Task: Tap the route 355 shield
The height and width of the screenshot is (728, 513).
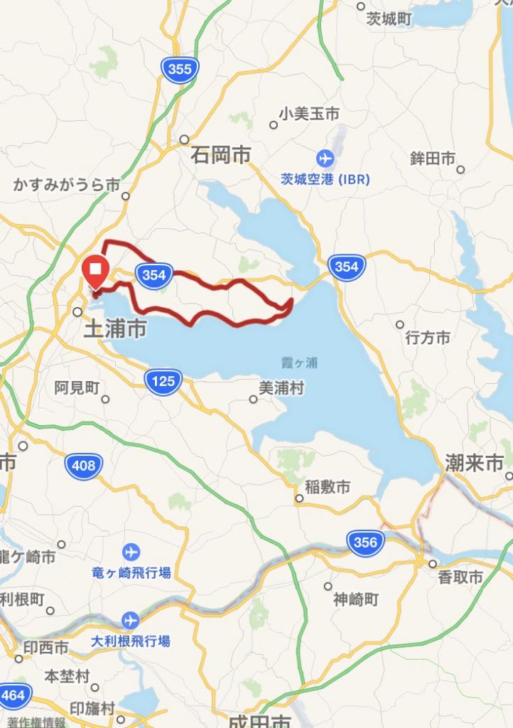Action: coord(180,69)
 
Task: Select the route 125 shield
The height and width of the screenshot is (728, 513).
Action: coord(163,382)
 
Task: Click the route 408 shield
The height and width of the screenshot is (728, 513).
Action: coord(84,466)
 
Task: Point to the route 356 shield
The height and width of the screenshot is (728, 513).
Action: coord(365,542)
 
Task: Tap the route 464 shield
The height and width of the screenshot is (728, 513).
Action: coord(13,694)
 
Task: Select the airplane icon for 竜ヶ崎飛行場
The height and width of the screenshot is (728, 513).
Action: coord(131,551)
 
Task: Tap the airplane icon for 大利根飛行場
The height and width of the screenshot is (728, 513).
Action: coord(129,620)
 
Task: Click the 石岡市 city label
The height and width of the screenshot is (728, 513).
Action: coord(221,154)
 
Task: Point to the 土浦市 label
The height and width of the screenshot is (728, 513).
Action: coord(115,328)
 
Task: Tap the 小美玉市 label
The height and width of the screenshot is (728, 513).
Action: coord(309,113)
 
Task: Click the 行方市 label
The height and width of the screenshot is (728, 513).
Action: coord(427,338)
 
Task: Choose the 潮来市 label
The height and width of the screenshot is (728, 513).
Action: coord(474,464)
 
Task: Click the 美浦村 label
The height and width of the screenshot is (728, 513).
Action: coord(281,388)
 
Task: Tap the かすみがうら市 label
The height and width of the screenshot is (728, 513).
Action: coord(67,184)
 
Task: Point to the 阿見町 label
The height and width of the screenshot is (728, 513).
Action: coord(77,387)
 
